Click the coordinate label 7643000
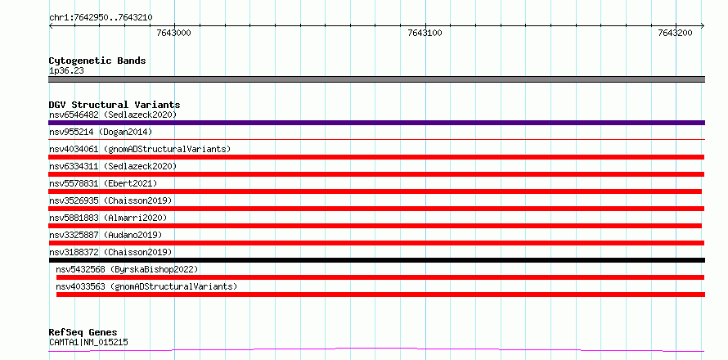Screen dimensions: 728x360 174,33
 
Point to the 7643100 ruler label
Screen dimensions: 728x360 425,33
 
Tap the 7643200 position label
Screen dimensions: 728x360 676,33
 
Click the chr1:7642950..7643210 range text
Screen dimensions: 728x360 101,18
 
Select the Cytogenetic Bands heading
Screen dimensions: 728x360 97,61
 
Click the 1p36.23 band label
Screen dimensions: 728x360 66,71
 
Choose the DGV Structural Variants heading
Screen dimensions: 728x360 115,105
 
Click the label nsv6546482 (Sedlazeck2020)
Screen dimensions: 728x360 113,115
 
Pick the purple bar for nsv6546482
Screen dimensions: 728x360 376,123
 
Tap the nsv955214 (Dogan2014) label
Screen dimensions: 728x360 101,132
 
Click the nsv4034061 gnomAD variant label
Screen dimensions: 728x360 140,149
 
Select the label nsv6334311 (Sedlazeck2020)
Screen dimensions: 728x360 113,166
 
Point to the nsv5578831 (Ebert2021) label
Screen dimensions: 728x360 103,183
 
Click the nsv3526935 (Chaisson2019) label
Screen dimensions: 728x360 110,200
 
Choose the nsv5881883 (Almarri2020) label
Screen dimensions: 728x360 108,218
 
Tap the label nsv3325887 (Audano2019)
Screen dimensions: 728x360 106,235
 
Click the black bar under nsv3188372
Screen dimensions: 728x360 376,260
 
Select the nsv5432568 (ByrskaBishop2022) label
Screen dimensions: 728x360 127,269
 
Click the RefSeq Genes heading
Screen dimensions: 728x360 83,333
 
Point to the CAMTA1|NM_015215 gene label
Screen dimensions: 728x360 88,343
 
